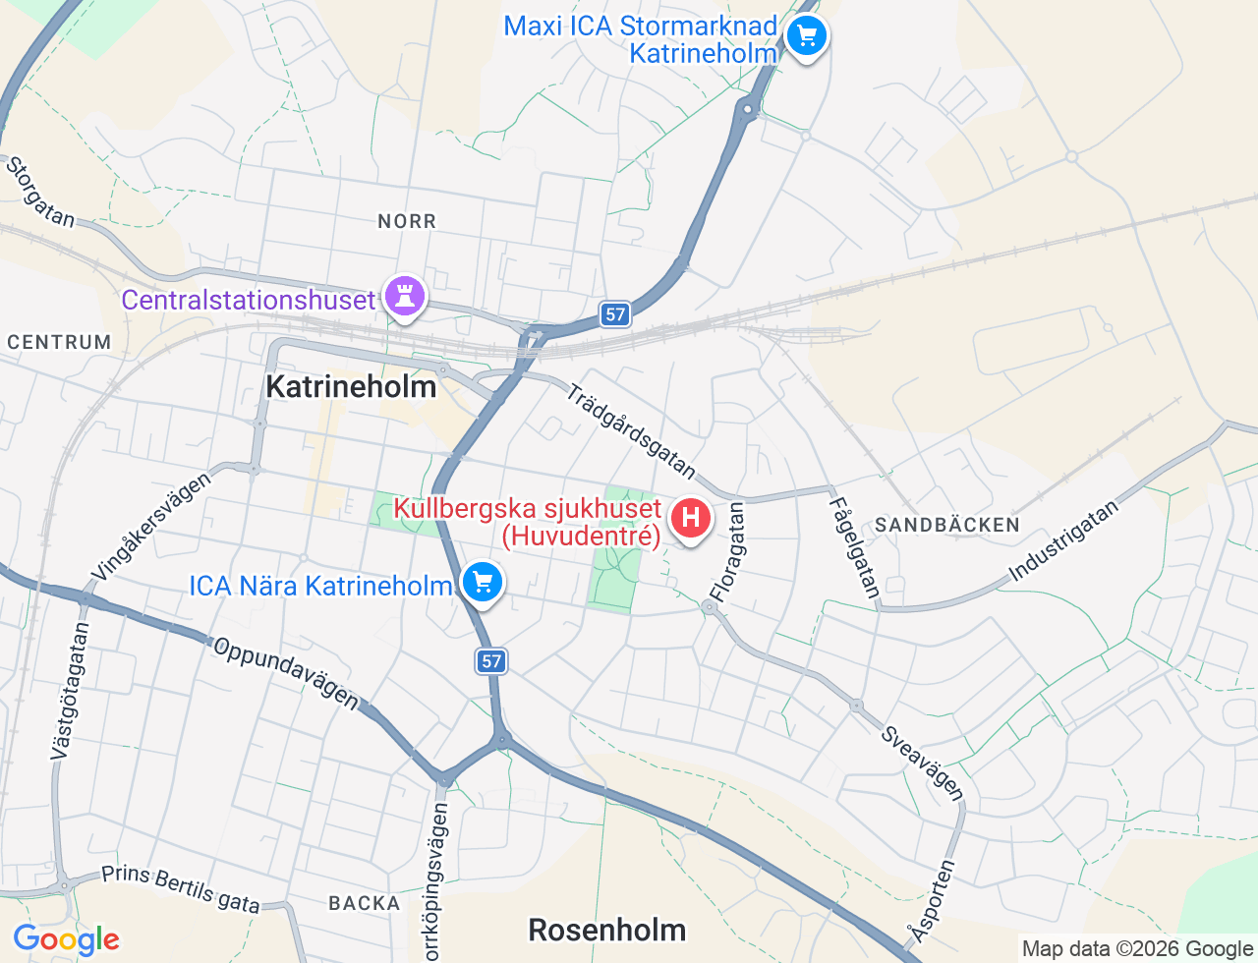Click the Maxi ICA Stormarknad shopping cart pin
806,37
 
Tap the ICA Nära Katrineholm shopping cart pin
482,583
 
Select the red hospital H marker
690,517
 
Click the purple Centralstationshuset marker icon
404,295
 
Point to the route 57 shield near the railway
615,314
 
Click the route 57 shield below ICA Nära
491,661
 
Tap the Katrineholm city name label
351,386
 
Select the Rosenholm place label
606,930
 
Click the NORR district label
407,222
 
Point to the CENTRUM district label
59,342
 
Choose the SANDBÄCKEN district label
947,525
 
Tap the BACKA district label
364,903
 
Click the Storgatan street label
40,192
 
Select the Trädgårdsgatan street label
631,430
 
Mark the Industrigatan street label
1063,540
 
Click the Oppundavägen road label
286,672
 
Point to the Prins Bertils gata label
181,888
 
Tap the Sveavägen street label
922,764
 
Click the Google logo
66,940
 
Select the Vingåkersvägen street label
150,526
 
